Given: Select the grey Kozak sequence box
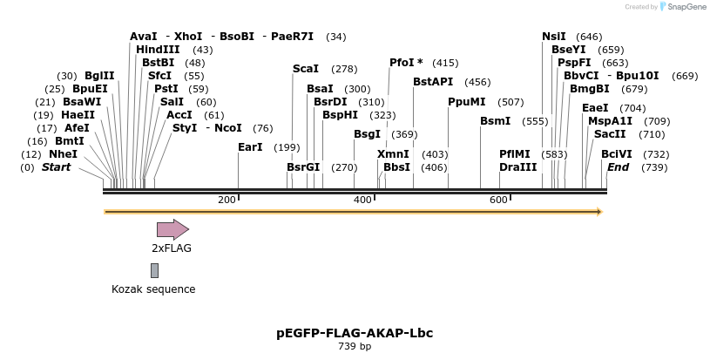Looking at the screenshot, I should [154, 270].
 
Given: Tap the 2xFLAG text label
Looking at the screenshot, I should [172, 248].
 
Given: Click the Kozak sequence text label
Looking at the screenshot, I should [153, 289].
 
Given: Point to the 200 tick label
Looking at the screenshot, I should [227, 200].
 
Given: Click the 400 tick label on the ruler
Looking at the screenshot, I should [362, 200].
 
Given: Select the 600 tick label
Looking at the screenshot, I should [498, 200].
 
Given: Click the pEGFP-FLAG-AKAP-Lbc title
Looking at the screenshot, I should [355, 333].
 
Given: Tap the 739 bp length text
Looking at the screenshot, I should [355, 347].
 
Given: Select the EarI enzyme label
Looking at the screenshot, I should [250, 147].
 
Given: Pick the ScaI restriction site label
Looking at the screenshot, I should [306, 68].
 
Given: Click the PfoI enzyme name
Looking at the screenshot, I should [402, 63].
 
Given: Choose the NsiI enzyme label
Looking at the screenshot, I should [553, 36].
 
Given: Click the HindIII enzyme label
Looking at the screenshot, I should [158, 50].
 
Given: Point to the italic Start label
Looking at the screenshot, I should [56, 166].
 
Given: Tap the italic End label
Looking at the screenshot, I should [618, 166].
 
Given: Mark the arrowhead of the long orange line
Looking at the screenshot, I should [598, 212].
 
